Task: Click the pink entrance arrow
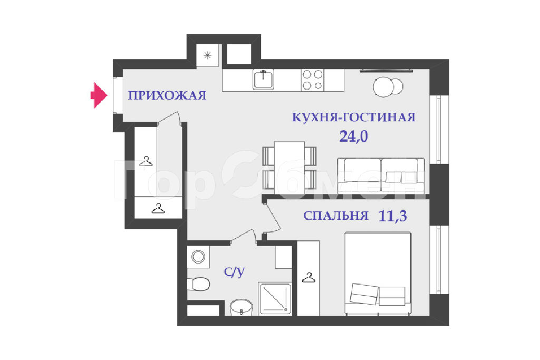tap(99, 95)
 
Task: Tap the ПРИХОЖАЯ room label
tap(167, 95)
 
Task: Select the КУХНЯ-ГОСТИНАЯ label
tap(354, 117)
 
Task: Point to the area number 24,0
tap(354, 137)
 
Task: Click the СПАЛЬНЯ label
tap(336, 216)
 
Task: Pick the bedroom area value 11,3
tap(392, 216)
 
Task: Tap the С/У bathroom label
tap(234, 272)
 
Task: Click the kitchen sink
tap(264, 80)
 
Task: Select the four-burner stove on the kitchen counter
tap(313, 80)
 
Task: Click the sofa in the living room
tap(381, 175)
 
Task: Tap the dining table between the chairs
tap(290, 165)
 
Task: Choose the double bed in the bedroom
tap(378, 273)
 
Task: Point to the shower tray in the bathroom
tap(275, 299)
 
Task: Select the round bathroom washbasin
tap(241, 307)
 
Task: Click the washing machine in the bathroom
tap(198, 256)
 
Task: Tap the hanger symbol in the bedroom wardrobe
tap(308, 277)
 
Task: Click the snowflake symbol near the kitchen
tap(207, 55)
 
